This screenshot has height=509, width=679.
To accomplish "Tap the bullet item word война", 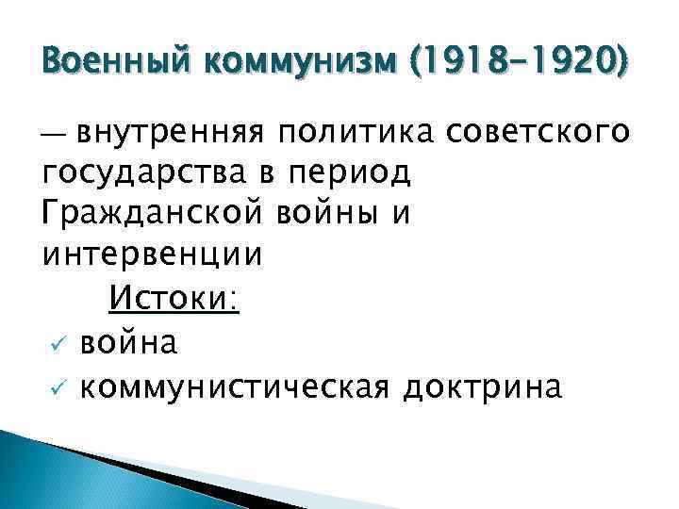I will pyautogui.click(x=128, y=344).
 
